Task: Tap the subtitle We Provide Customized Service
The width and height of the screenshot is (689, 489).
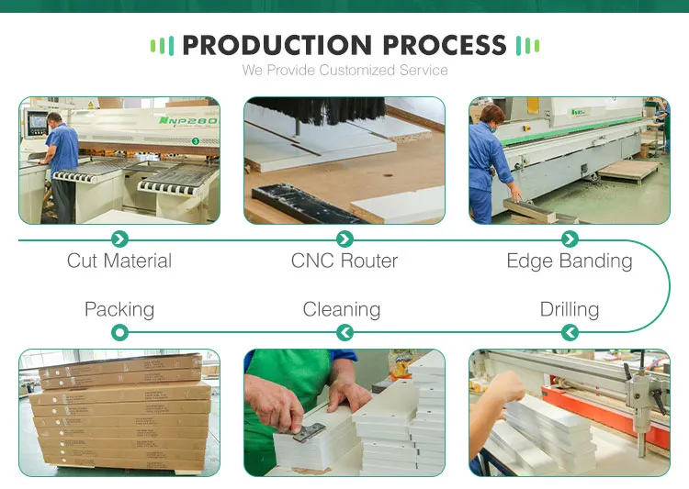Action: [344, 70]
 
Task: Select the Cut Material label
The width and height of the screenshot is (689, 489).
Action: [119, 261]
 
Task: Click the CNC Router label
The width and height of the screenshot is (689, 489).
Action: [344, 261]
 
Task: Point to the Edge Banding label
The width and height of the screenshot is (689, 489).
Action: [570, 261]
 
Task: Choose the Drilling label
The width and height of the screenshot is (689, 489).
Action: [570, 309]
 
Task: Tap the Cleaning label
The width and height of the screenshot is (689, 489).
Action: [342, 309]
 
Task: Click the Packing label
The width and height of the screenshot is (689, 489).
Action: [119, 309]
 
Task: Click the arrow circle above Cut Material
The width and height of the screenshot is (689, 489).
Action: [119, 239]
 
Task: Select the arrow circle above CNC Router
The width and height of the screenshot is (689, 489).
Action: [344, 239]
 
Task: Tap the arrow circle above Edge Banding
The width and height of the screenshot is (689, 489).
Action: [570, 239]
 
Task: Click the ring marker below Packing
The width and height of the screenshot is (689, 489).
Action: [119, 332]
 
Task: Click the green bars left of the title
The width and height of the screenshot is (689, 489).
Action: [162, 46]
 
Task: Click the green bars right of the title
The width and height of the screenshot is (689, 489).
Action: [527, 46]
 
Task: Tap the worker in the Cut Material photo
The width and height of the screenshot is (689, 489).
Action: [62, 165]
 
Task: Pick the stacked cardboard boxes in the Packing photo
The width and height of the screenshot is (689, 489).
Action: [119, 413]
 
